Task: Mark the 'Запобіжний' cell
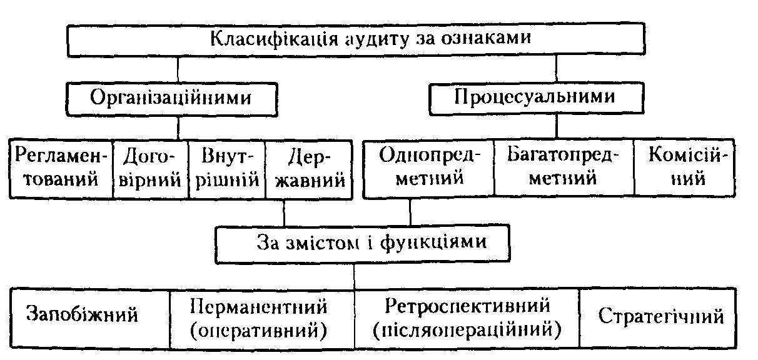pos(82,316)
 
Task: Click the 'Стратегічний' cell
pos(661,316)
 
